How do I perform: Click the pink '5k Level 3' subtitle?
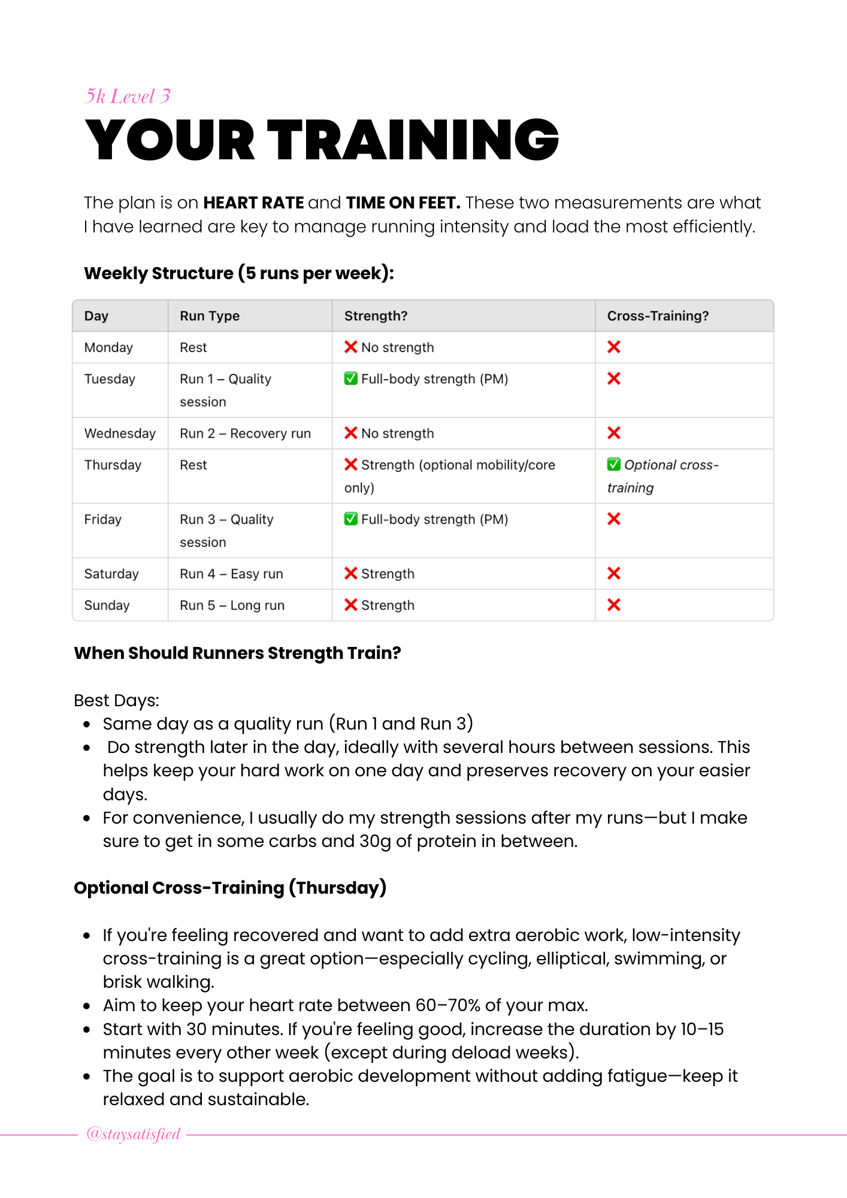coord(128,96)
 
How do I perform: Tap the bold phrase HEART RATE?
coord(253,203)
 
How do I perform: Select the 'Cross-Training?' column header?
coord(658,316)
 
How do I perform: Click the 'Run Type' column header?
coord(210,316)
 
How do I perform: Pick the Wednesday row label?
coord(120,433)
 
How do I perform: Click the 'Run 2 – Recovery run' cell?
coord(245,433)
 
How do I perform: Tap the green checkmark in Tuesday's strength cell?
coord(351,379)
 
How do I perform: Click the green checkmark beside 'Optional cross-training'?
coord(613,464)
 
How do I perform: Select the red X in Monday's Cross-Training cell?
coord(613,347)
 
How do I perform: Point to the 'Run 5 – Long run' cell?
coord(232,605)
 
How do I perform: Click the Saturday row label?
coord(111,574)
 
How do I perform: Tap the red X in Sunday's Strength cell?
coord(351,605)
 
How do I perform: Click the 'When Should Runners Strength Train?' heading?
coord(237,653)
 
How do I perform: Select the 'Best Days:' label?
coord(116,700)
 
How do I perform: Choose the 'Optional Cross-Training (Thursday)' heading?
coord(230,888)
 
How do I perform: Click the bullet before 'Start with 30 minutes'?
coord(87,1030)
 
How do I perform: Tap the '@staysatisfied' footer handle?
coord(133,1134)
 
